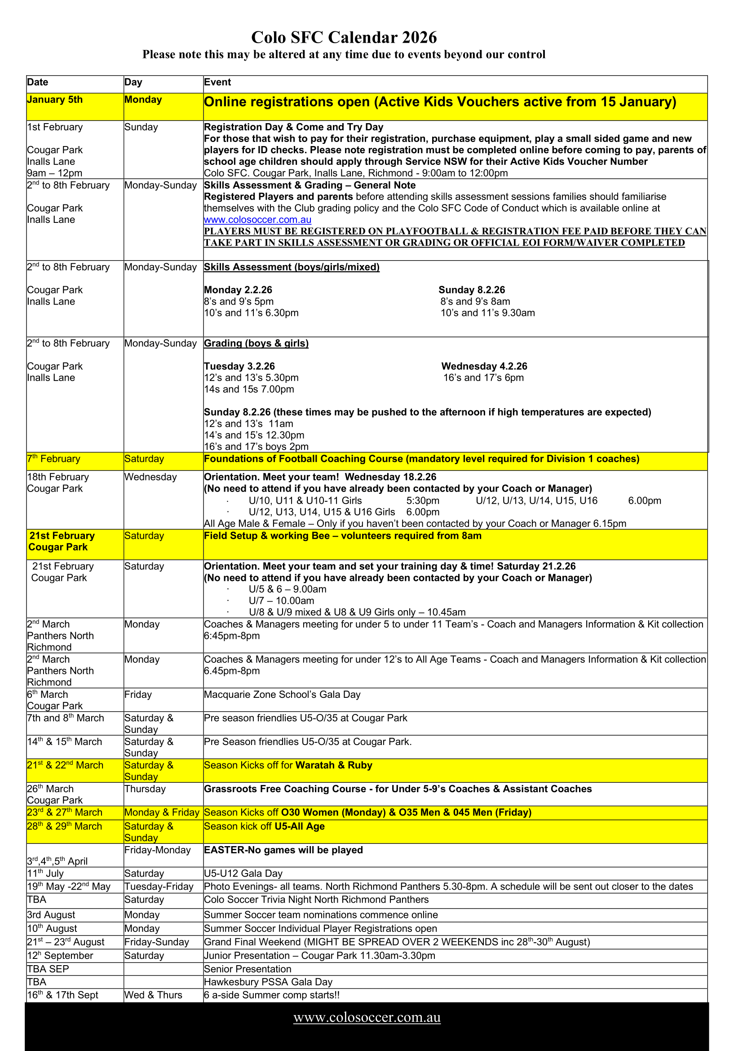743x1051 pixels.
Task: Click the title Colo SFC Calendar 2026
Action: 344,37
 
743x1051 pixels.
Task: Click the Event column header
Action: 217,82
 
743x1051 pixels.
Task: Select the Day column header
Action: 133,82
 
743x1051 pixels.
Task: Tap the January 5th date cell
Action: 55,100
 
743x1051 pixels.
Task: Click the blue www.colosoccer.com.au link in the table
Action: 257,220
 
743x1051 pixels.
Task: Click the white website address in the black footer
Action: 367,1018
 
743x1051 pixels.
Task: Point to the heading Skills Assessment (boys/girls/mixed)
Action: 292,267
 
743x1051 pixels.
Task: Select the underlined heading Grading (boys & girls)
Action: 256,344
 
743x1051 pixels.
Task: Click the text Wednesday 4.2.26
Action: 484,367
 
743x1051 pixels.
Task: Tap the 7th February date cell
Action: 53,459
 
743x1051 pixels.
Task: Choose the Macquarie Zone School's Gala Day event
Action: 282,695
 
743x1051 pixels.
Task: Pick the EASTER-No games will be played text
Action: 283,850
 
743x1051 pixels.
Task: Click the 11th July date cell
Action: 45,874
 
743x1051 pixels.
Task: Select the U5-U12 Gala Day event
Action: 243,874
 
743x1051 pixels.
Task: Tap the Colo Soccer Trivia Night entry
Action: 316,900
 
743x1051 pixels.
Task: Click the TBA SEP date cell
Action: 48,969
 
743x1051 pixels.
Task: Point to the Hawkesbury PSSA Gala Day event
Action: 268,982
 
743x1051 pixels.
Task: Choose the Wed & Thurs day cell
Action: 153,995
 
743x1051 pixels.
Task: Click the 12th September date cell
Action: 60,956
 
